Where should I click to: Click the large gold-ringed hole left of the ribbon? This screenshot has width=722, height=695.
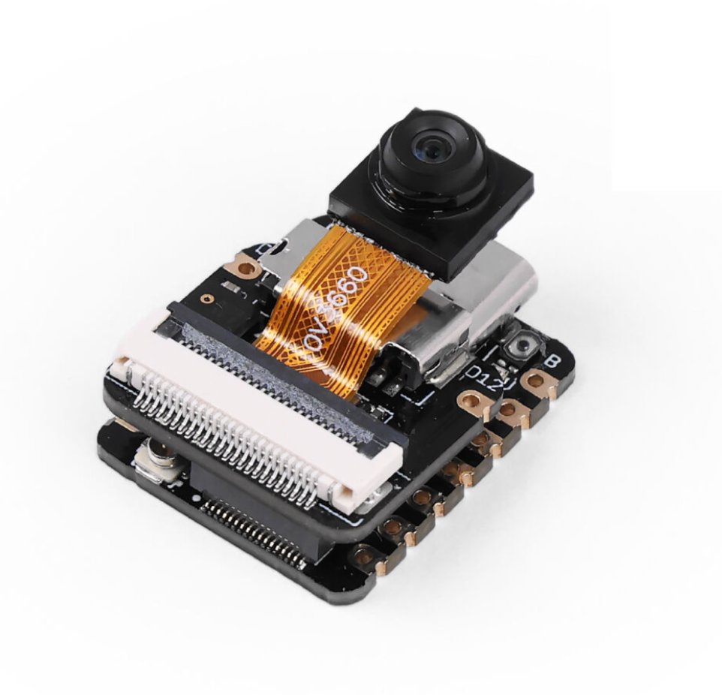pyautogui.click(x=245, y=264)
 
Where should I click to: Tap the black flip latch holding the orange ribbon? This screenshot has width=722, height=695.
pyautogui.click(x=285, y=353)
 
